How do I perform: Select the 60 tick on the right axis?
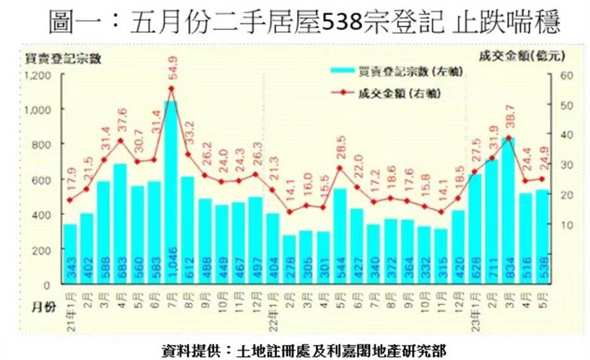coord(565,75)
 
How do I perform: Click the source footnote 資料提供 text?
coord(295,347)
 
